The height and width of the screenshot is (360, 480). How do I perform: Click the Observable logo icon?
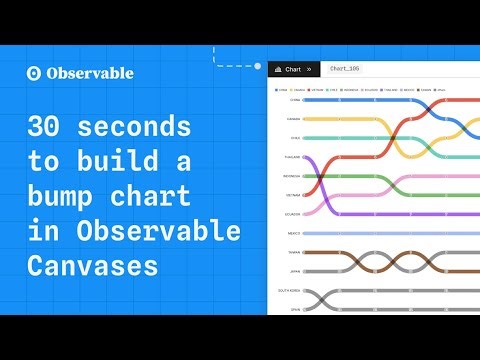[x=33, y=73]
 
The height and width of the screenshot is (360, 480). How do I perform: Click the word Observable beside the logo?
[x=88, y=73]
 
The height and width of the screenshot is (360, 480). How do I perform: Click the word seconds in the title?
[x=124, y=128]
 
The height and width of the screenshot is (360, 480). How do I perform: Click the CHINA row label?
[x=295, y=100]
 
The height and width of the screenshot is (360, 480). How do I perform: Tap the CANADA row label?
[x=294, y=119]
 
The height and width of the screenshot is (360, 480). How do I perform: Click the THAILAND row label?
[x=293, y=157]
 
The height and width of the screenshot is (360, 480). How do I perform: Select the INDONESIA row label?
[x=292, y=176]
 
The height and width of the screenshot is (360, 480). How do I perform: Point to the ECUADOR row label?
[x=293, y=214]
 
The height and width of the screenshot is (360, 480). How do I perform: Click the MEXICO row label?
[x=294, y=233]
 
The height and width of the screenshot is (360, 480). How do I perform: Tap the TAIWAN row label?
[x=294, y=252]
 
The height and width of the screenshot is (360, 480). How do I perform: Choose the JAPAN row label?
[x=295, y=271]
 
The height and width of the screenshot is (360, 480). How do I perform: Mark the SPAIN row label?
[x=295, y=309]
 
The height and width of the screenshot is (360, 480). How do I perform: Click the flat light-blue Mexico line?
[x=390, y=233]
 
